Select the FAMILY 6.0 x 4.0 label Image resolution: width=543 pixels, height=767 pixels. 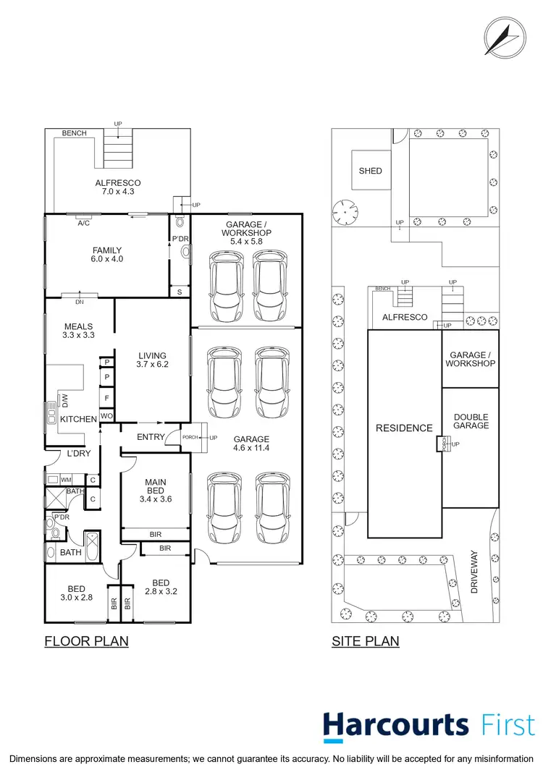(x=107, y=255)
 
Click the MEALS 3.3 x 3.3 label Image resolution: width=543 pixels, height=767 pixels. (x=78, y=331)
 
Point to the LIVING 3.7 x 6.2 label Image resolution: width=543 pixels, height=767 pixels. (x=153, y=360)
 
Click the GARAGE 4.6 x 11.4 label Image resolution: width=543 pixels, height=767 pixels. (x=251, y=444)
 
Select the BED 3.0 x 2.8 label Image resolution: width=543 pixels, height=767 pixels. (x=77, y=593)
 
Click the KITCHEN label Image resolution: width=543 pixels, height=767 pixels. (x=78, y=420)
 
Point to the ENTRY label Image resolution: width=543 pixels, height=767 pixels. (x=151, y=437)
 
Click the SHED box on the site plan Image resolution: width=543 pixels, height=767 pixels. (x=370, y=171)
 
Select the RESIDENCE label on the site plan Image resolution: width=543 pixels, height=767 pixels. (x=403, y=428)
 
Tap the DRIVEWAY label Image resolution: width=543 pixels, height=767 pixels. (x=475, y=572)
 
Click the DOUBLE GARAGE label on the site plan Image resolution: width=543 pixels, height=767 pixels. (x=471, y=422)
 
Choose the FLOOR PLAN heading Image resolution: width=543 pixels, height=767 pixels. (x=86, y=641)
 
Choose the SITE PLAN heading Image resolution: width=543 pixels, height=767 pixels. (x=365, y=641)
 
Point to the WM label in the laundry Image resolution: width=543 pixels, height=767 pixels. (x=66, y=480)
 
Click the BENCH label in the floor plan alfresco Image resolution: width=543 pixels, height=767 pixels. (x=74, y=134)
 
